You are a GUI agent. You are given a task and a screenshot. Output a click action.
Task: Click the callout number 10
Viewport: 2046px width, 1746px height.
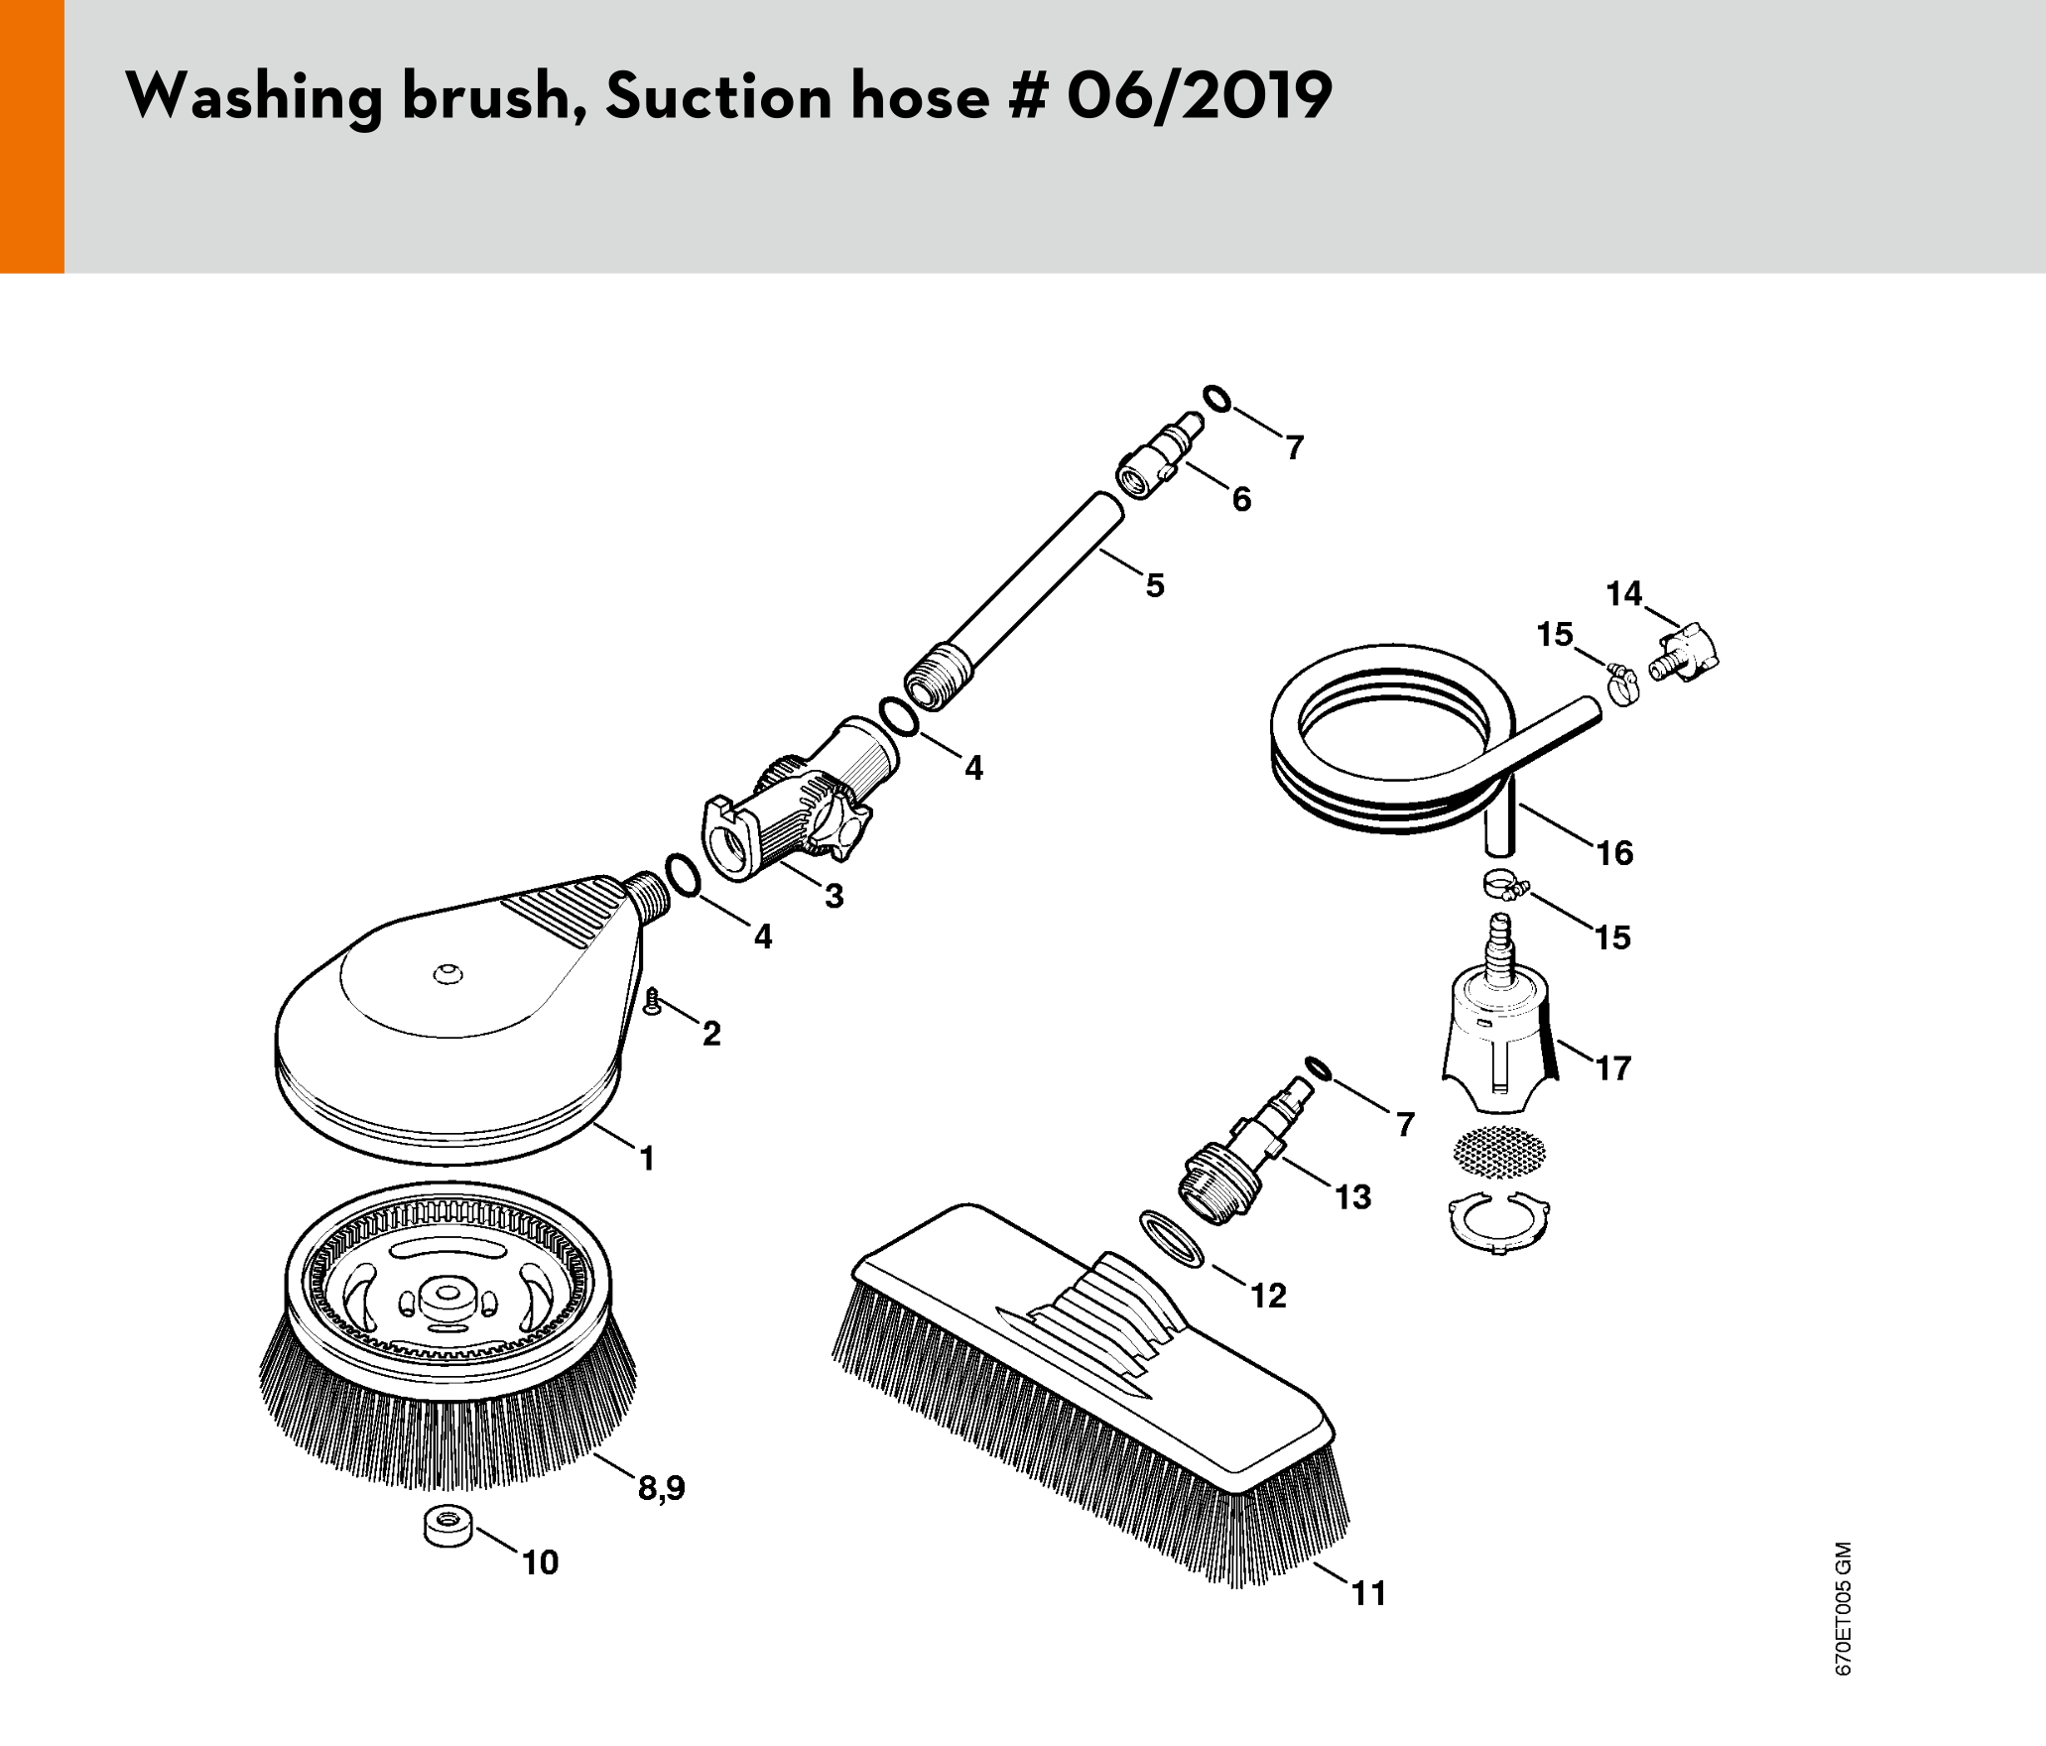tap(541, 1562)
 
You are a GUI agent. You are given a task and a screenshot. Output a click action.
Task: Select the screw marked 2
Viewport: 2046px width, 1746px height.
tap(652, 1001)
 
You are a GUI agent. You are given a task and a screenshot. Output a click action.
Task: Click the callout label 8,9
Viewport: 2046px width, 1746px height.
tap(662, 1488)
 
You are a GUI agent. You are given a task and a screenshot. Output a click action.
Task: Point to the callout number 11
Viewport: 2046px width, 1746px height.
tap(1369, 1593)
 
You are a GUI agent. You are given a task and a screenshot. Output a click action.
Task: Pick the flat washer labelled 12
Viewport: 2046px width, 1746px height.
tap(1172, 1238)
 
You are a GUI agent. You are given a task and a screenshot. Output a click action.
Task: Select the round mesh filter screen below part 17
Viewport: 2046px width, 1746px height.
tap(1499, 1152)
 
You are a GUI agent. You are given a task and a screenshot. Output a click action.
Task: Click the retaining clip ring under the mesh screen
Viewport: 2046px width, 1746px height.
tap(1500, 1226)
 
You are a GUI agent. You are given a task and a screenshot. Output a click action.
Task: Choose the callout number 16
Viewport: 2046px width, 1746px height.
tap(1614, 852)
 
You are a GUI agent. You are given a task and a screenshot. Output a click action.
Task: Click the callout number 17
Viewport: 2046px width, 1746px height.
tap(1613, 1067)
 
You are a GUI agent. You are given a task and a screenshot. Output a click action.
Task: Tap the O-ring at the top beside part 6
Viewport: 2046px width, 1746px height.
tap(1217, 399)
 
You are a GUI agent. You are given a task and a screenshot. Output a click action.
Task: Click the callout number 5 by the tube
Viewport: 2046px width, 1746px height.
tap(1155, 585)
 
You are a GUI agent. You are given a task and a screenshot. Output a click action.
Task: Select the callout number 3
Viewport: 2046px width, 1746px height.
tap(834, 896)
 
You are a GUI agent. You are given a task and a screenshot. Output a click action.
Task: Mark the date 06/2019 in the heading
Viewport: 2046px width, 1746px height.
tap(1200, 96)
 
